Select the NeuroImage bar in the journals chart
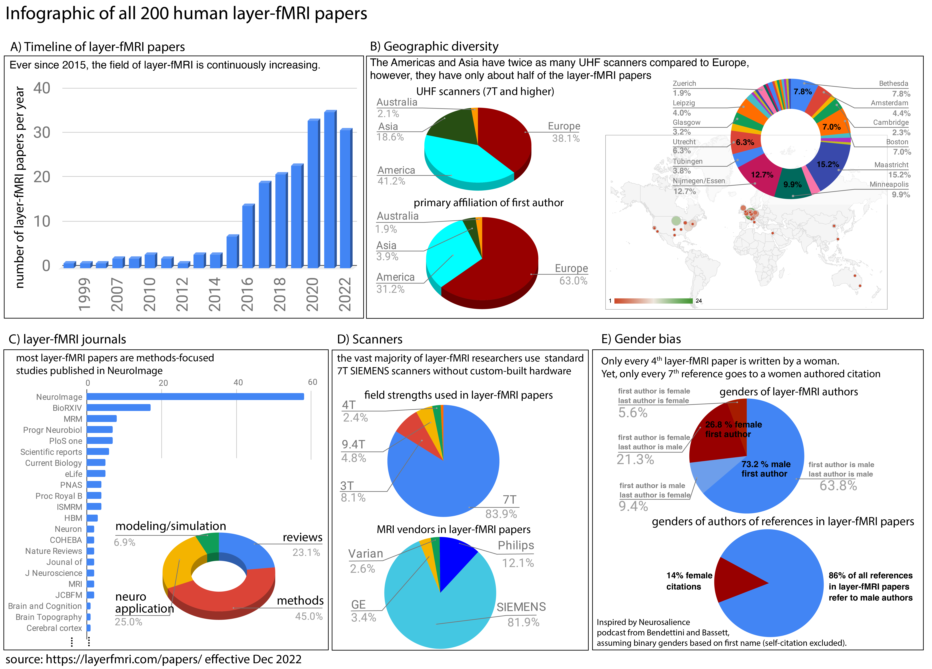click(x=195, y=397)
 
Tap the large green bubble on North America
click(x=676, y=221)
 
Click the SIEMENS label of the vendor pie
click(x=521, y=607)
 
